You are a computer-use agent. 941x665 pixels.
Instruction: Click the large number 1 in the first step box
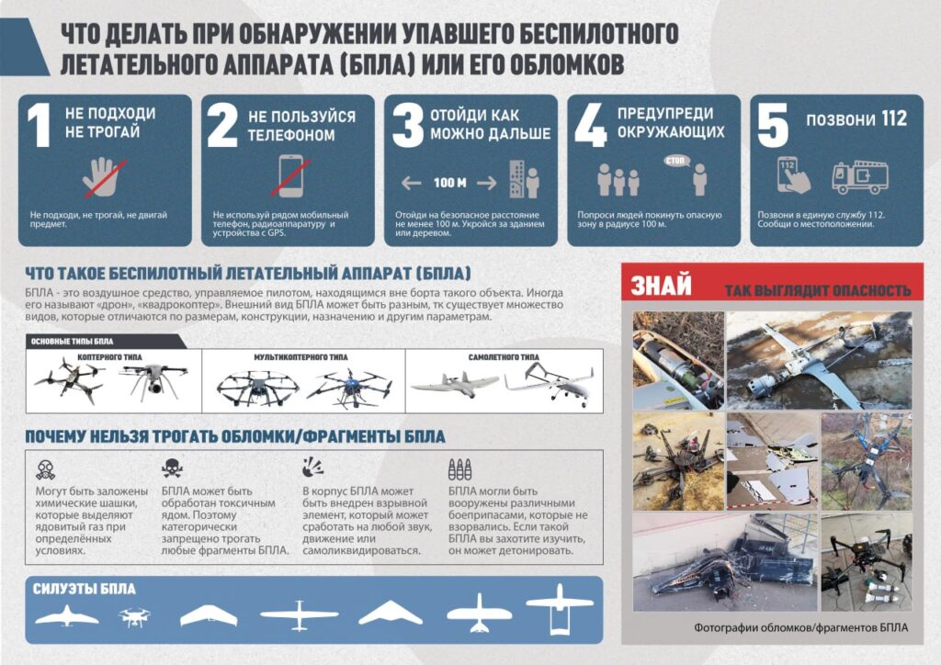(38, 127)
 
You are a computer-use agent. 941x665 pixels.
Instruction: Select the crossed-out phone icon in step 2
(291, 175)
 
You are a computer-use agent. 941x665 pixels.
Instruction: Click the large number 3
(407, 127)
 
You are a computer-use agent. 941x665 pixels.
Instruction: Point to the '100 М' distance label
(450, 183)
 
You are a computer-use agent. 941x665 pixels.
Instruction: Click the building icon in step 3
(516, 181)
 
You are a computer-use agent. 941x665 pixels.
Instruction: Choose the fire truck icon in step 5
(855, 176)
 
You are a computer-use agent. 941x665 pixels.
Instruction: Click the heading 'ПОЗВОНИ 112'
(856, 119)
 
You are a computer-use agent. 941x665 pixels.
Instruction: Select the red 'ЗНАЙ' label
(661, 287)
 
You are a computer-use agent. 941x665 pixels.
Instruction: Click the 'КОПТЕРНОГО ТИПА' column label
(108, 357)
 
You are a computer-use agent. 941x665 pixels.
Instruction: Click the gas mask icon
(41, 468)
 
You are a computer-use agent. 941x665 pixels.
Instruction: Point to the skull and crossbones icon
(171, 468)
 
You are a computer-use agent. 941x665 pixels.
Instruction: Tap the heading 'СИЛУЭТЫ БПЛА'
(84, 590)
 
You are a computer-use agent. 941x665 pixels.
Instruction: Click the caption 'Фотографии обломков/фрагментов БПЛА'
(796, 628)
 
